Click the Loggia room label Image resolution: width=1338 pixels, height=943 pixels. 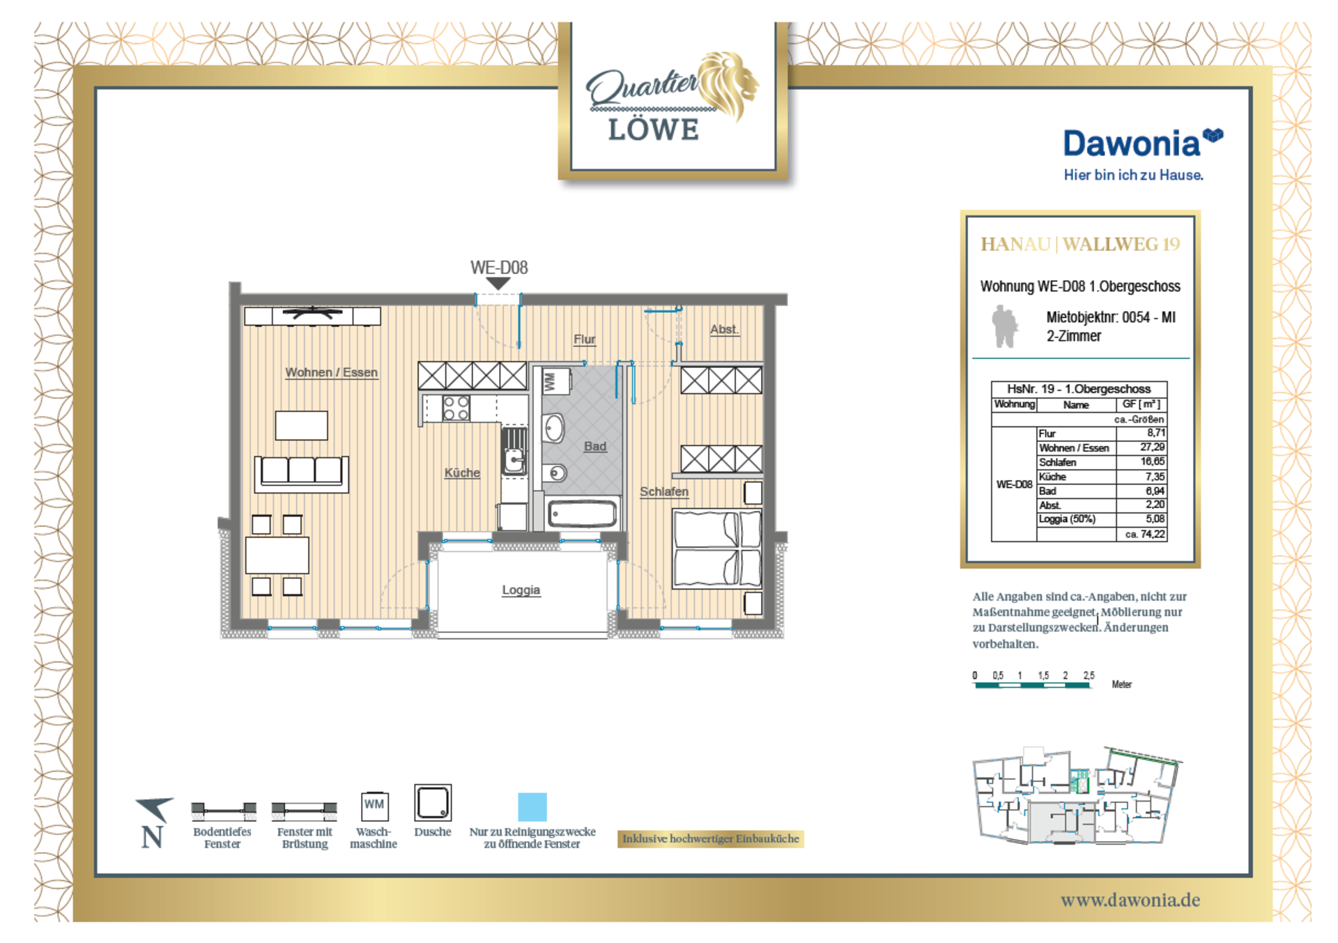[x=521, y=590]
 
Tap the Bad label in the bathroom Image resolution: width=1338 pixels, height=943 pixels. [x=595, y=446]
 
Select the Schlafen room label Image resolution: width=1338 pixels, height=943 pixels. [x=664, y=491]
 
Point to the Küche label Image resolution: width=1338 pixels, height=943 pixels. [x=462, y=473]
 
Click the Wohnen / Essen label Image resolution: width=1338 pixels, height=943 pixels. [x=332, y=372]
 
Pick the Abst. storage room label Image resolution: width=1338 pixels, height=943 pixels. [x=724, y=329]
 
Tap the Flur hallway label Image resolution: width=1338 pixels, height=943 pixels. [x=585, y=339]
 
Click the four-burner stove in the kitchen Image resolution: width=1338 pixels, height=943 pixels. [x=456, y=408]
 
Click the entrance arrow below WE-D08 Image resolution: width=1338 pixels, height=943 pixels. [x=498, y=284]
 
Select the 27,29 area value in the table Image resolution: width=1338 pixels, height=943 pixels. [x=1153, y=447]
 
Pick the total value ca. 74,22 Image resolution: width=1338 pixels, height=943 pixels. [x=1145, y=534]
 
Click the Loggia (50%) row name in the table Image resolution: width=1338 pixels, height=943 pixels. [x=1067, y=519]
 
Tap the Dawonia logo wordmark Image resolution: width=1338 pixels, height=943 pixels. [x=1132, y=144]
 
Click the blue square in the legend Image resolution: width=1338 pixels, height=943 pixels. [x=532, y=807]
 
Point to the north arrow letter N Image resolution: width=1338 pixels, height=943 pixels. [x=152, y=837]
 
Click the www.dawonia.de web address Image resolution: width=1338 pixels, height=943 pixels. [x=1130, y=900]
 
